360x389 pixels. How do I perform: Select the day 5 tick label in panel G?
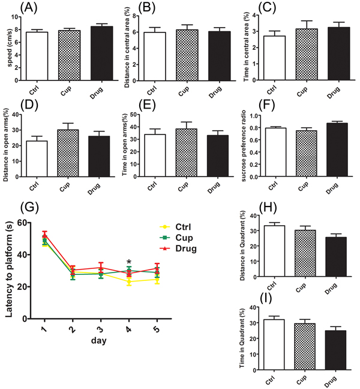[x=157, y=331]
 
